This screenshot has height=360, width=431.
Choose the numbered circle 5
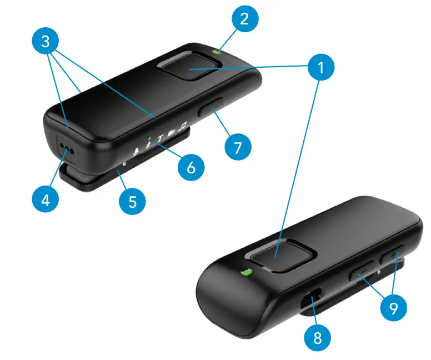tap(132, 201)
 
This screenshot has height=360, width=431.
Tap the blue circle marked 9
tap(393, 308)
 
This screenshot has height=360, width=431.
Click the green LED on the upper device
tap(217, 52)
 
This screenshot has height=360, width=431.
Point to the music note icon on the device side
tap(182, 128)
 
